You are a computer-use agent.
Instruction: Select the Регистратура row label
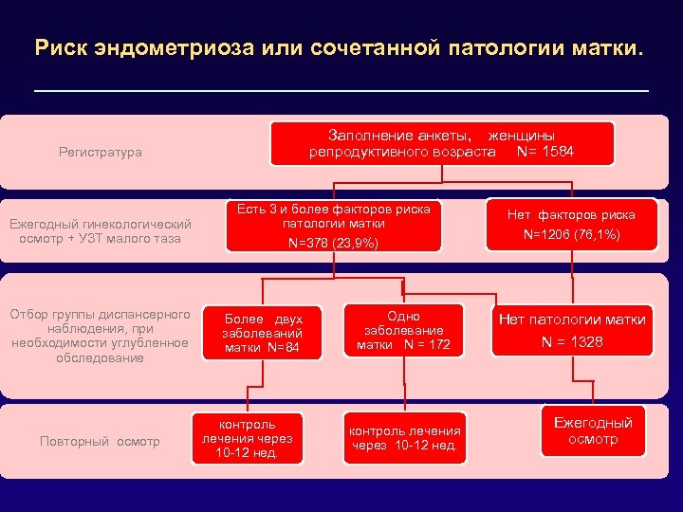point(100,152)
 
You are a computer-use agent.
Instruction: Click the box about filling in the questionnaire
point(441,143)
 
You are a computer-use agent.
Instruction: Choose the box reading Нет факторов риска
point(570,215)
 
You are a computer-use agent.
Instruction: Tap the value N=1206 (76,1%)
point(570,233)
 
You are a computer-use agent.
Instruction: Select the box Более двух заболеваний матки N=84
point(262,334)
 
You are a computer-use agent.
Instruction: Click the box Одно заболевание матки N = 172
point(403,330)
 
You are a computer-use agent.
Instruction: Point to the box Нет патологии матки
point(572,320)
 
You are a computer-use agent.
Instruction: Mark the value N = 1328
point(572,341)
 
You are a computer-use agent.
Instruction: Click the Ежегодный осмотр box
point(593,430)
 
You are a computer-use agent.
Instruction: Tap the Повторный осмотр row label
point(100,441)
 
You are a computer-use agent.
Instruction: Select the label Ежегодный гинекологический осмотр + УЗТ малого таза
point(100,230)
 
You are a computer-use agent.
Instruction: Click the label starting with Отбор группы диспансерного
point(100,336)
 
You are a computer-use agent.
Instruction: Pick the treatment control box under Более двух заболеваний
point(247,438)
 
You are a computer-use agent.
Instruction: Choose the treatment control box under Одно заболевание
point(405,438)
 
